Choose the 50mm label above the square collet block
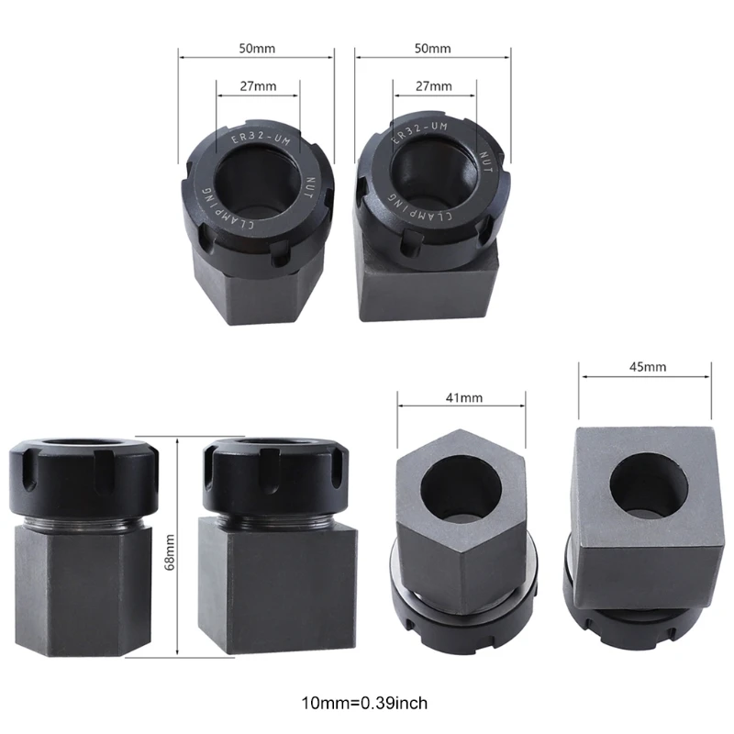tap(433, 47)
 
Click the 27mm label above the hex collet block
tap(258, 86)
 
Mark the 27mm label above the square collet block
tap(434, 86)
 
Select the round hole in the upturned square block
tap(647, 484)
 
